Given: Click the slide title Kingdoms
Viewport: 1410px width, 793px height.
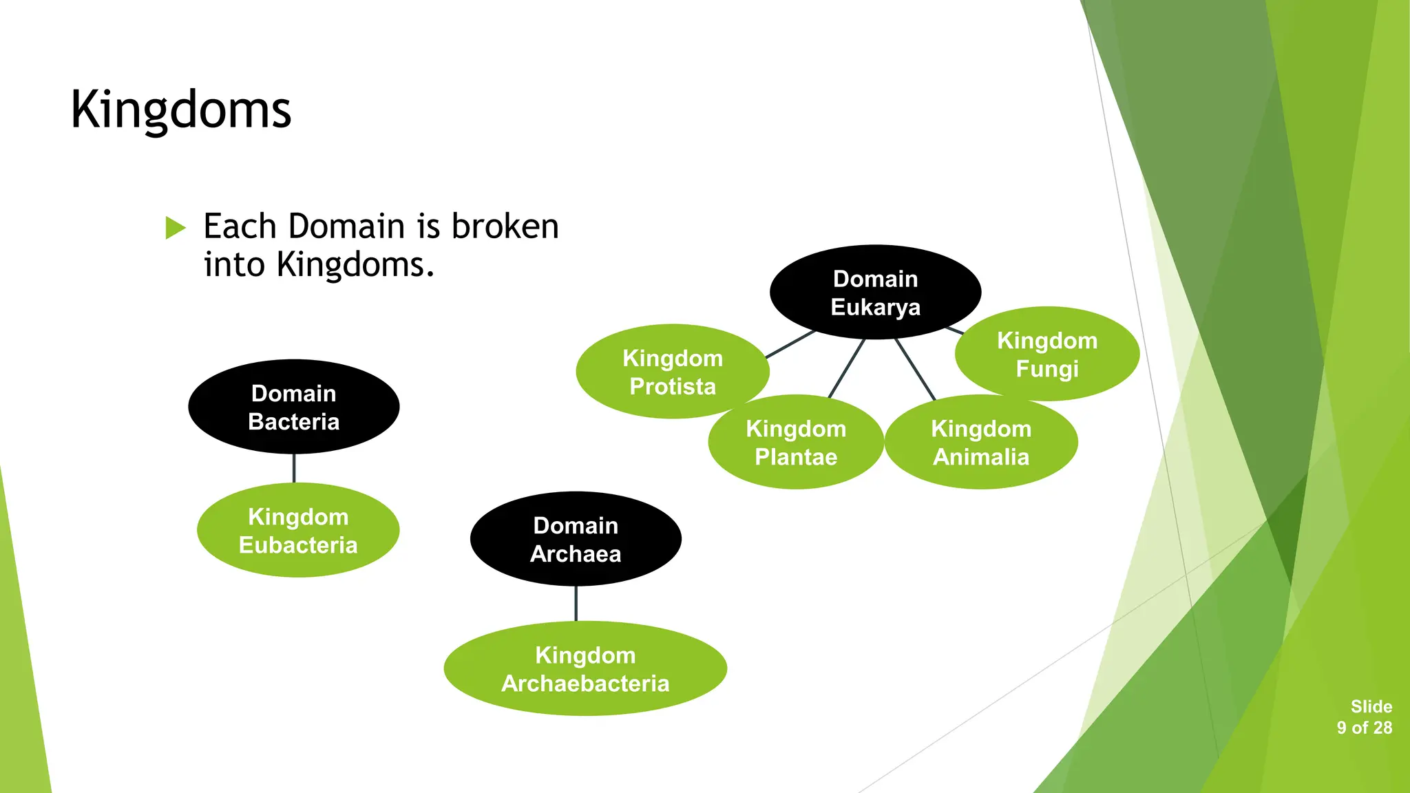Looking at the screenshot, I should tap(181, 110).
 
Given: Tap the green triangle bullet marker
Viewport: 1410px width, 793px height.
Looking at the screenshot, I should tap(176, 228).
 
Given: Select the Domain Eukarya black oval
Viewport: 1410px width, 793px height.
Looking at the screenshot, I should tap(875, 292).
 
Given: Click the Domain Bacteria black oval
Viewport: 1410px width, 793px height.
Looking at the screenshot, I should tap(294, 407).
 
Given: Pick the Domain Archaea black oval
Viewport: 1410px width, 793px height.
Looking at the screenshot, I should tap(576, 539).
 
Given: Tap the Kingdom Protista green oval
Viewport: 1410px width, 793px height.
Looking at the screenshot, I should tap(672, 372).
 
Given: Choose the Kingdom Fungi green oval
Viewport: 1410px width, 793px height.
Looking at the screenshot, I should tap(1046, 354).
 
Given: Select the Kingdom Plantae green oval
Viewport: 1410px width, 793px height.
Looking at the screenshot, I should tap(796, 443).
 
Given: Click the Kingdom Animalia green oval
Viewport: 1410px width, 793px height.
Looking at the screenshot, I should tap(981, 443).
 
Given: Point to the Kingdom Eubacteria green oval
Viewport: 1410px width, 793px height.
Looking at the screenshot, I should tap(298, 531).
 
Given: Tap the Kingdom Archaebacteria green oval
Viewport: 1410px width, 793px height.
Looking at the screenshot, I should tap(585, 669).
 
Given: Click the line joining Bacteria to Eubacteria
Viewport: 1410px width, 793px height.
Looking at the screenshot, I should tap(294, 468).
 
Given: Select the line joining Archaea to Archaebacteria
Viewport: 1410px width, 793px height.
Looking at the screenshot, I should tap(576, 604).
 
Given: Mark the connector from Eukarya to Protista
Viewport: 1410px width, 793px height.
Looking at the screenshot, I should tap(790, 344).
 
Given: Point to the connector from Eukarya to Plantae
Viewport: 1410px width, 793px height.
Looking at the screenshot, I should tap(847, 368).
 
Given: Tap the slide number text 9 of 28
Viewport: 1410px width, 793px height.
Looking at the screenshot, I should tap(1364, 728).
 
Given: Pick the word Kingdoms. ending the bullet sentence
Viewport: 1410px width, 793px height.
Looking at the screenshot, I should tap(355, 265).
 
